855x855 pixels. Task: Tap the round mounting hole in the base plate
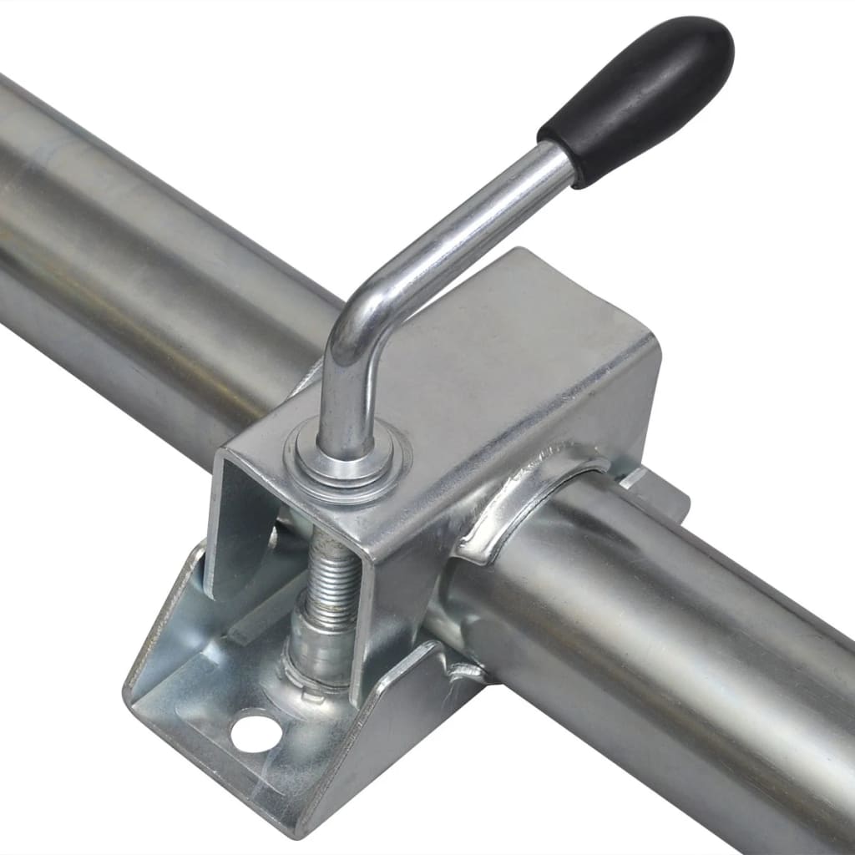(255, 731)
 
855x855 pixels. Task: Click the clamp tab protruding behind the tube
(660, 493)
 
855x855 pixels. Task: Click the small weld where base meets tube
(463, 668)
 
